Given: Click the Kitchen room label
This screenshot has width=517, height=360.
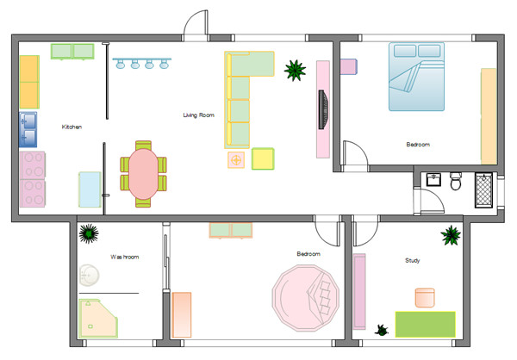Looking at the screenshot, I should [72, 127].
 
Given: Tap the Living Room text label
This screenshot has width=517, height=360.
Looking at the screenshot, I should [198, 115].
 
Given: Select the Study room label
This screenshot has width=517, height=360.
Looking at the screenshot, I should [413, 260].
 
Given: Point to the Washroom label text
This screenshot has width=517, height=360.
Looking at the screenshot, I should [124, 257].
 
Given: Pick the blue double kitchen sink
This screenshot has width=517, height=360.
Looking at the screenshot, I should [28, 129].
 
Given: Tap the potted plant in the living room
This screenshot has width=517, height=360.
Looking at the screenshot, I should [296, 70].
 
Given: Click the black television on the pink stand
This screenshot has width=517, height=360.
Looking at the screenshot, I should [324, 109].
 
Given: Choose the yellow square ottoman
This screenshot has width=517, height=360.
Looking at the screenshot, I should [263, 159].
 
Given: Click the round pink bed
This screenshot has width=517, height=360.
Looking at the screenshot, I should [308, 297].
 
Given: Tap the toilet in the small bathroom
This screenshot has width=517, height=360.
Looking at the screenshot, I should [456, 183].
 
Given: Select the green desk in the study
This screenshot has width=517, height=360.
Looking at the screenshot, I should [424, 324].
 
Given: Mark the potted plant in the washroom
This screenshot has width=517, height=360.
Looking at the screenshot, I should [87, 233].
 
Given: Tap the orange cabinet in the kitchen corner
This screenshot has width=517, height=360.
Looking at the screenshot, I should [29, 82].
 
